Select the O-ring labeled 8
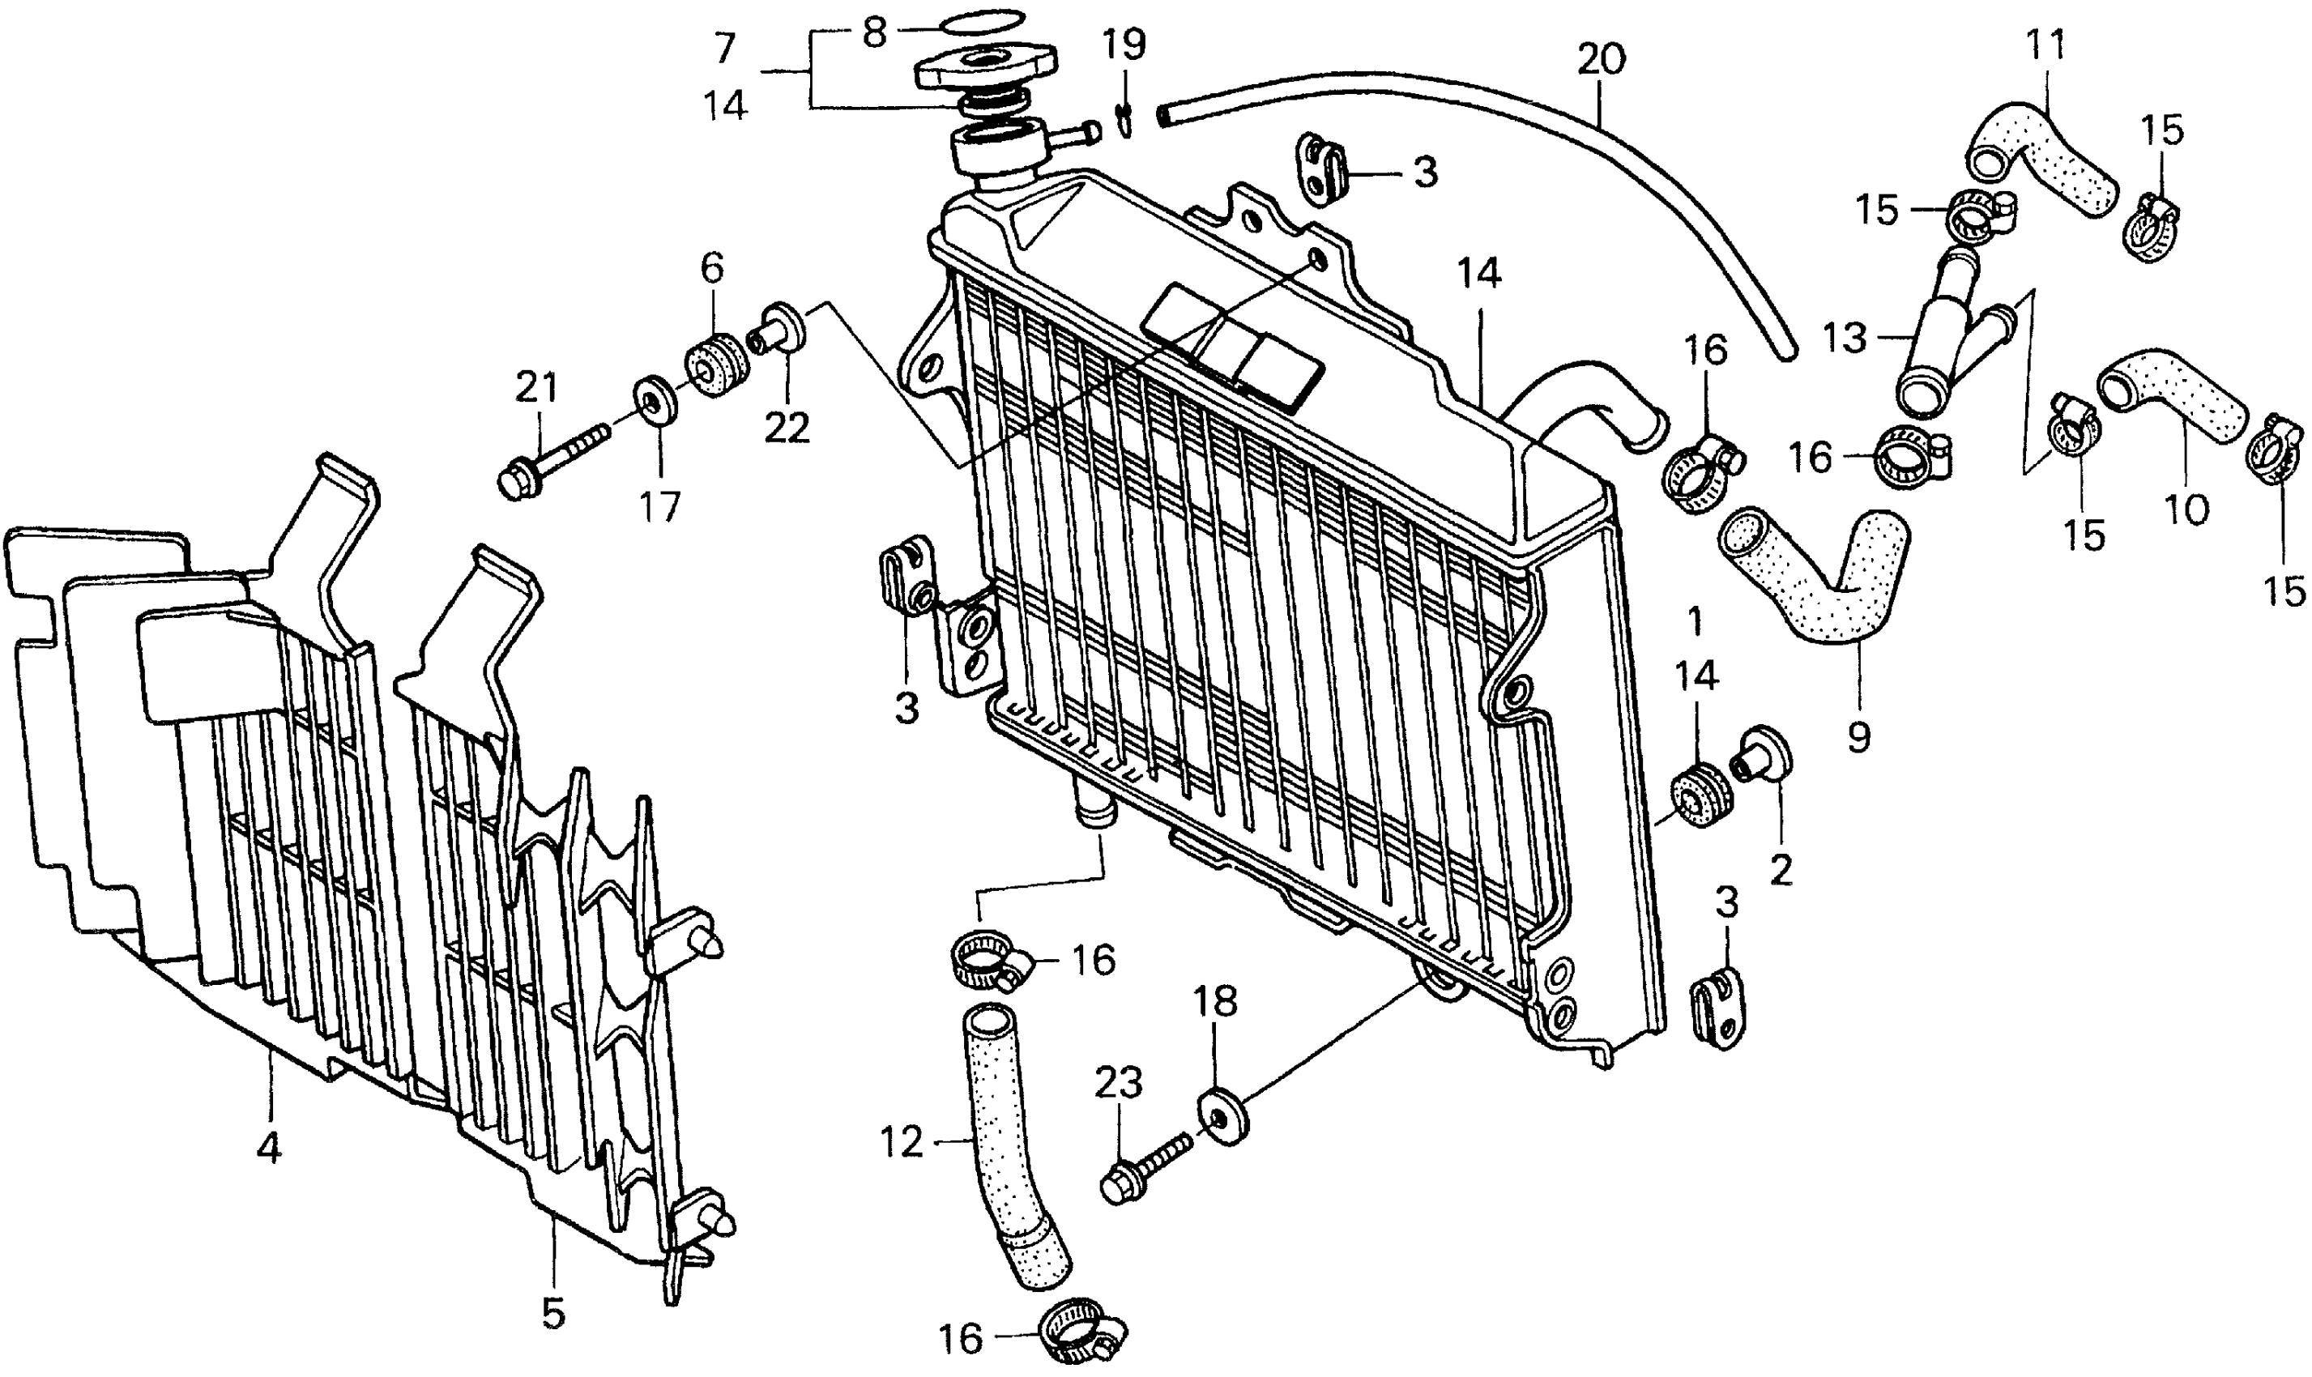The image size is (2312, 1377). click(983, 21)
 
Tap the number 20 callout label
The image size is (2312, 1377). click(1602, 60)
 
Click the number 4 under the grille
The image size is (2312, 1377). click(269, 1148)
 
